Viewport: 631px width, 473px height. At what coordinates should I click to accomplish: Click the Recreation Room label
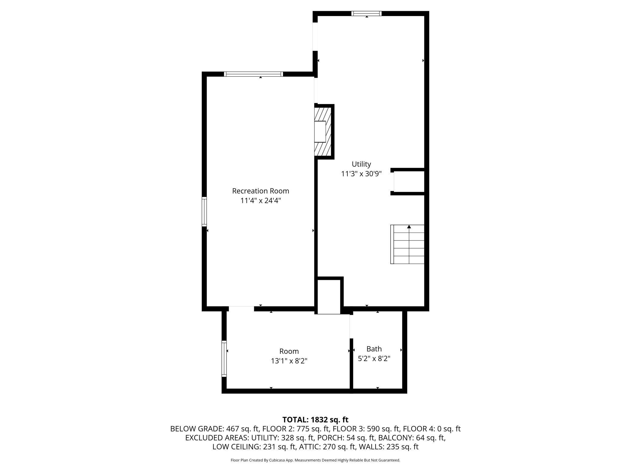tap(260, 191)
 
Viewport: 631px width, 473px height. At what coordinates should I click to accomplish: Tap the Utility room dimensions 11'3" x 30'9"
tap(361, 174)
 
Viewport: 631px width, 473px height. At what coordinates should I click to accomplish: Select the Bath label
tap(374, 349)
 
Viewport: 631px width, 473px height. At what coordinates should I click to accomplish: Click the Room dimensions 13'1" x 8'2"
tap(289, 361)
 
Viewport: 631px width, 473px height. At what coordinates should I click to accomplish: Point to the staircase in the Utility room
tap(407, 244)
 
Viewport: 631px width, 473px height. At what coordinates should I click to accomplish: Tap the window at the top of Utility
tap(366, 13)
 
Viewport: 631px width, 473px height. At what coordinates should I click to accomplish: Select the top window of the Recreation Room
tap(253, 74)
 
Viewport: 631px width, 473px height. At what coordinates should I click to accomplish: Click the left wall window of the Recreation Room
tap(204, 212)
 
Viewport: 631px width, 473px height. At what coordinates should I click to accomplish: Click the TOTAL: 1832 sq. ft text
tap(315, 420)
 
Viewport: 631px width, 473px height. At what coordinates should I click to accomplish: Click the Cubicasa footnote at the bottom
tap(315, 460)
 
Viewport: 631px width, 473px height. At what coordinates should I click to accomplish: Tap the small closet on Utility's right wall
tap(409, 181)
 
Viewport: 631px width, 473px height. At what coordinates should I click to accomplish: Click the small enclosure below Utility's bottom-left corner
tap(329, 297)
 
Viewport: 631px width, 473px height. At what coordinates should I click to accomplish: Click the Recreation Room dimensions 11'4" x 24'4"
tap(261, 201)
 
